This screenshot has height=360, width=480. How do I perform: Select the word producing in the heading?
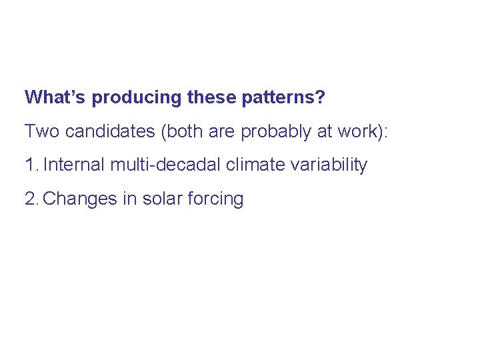tap(136, 98)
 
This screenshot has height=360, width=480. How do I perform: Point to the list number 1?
tap(31, 165)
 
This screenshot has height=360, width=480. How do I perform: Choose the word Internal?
tap(74, 165)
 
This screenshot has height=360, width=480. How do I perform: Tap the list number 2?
tap(31, 199)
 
